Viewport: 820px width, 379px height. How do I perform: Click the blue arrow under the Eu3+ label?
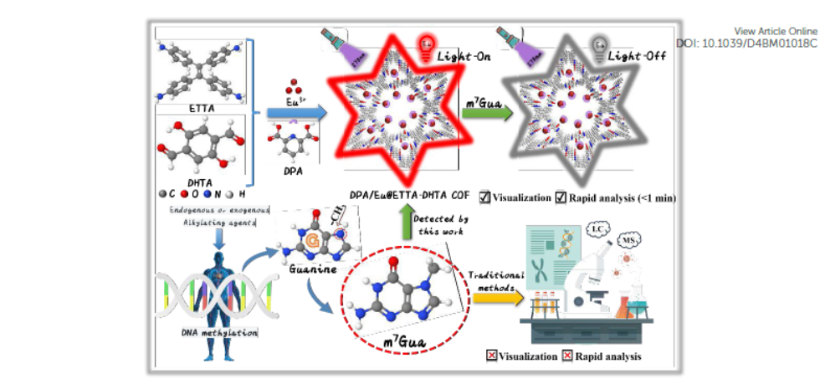pos(289,110)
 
